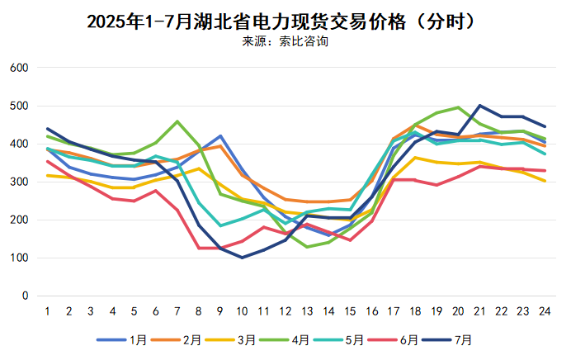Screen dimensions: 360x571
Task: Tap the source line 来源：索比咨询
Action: (285, 41)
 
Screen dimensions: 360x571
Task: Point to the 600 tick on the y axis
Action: (20, 68)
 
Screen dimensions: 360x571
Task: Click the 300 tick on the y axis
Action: (20, 182)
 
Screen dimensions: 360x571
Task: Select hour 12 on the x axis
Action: (285, 311)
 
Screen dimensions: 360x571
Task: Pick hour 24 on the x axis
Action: (545, 311)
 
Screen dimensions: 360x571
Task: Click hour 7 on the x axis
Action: (177, 311)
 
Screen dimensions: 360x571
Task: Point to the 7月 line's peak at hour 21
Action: (480, 106)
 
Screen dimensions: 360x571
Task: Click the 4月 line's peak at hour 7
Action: (177, 121)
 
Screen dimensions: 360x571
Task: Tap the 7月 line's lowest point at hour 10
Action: (243, 258)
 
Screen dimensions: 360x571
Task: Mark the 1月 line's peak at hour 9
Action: (220, 135)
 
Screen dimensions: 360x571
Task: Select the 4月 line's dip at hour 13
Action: (307, 247)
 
